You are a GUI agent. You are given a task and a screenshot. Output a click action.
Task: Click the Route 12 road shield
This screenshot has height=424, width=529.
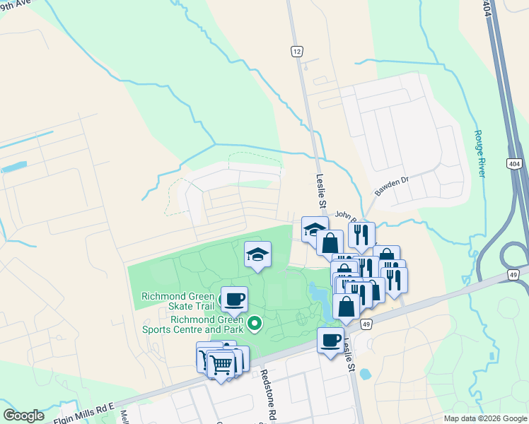point(297,51)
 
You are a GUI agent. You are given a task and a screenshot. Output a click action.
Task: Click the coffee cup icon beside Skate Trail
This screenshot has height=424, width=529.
point(234,299)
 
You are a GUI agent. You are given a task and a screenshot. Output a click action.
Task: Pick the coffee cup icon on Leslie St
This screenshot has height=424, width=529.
point(330,341)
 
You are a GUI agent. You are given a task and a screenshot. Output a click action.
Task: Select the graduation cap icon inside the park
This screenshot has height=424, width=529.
point(258,254)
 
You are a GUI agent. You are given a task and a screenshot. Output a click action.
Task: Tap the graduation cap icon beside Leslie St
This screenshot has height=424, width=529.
point(315,228)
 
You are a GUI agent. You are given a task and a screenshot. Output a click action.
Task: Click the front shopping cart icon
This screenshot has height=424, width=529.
point(221,365)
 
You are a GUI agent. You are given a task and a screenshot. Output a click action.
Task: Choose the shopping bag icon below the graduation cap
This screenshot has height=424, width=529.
point(330,242)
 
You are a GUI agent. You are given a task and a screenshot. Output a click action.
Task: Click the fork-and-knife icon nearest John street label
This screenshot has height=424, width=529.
point(361,234)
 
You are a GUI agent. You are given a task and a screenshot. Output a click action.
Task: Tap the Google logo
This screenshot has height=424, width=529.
point(23,416)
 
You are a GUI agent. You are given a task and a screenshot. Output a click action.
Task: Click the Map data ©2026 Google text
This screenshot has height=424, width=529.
point(484,418)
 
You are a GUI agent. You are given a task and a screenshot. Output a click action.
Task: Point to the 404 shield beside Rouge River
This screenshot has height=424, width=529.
point(514,163)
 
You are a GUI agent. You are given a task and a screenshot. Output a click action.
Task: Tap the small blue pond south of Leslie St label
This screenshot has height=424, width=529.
point(365,374)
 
